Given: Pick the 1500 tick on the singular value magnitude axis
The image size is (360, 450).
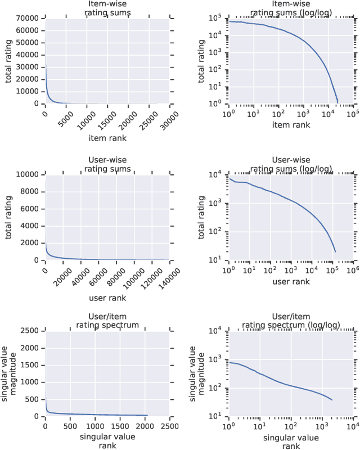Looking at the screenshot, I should pyautogui.click(x=31, y=365).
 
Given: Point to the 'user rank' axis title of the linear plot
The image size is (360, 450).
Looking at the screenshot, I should pyautogui.click(x=107, y=298).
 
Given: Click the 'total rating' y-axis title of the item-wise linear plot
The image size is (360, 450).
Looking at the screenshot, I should pyautogui.click(x=9, y=60).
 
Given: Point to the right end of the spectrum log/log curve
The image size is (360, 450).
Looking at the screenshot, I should pyautogui.click(x=332, y=400).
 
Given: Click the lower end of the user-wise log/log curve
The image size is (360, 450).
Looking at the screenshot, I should pyautogui.click(x=335, y=251).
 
